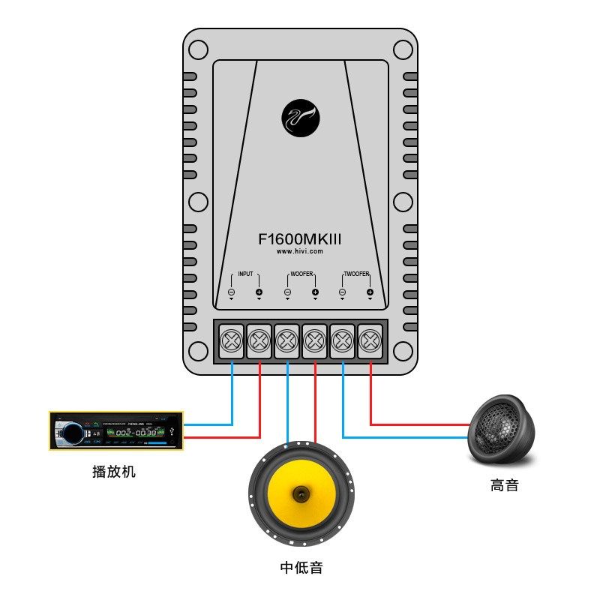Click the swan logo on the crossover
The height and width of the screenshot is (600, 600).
pos(301,119)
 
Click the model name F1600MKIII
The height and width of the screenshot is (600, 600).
pos(300,238)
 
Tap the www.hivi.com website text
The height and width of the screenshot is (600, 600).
pos(300,252)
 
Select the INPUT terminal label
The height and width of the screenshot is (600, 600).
pos(245,274)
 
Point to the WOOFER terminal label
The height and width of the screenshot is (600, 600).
pos(301,274)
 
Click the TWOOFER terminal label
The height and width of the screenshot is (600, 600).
pos(356,274)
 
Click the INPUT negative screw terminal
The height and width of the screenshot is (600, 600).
pos(232,342)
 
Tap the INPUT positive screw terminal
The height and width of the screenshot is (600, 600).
pos(259,342)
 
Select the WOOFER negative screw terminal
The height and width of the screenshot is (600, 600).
pos(287,342)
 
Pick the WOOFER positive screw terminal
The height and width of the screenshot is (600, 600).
pos(315,342)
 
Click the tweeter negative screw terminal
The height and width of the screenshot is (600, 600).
pos(343,342)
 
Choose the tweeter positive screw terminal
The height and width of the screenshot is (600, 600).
pos(370,342)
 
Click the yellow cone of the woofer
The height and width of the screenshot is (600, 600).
pos(301,493)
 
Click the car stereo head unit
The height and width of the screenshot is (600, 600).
pos(115,431)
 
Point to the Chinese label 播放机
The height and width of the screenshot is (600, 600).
pos(114,472)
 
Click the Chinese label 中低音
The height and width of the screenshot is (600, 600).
pos(301,567)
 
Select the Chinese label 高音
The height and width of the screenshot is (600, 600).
pos(504,485)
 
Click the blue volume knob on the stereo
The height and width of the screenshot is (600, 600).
pos(72,433)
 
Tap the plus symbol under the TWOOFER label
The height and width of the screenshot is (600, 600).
pos(370,292)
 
